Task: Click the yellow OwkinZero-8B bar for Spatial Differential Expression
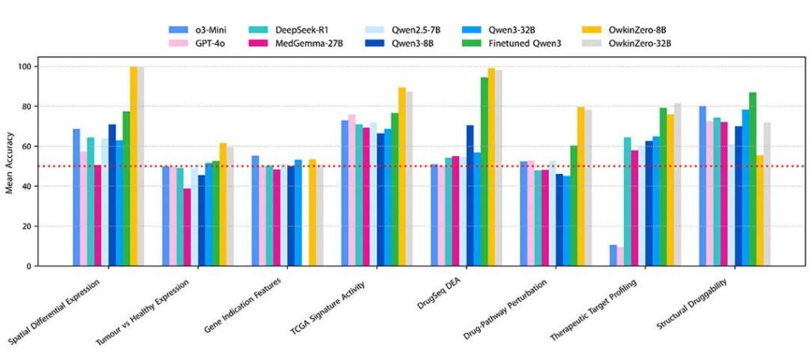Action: point(134,166)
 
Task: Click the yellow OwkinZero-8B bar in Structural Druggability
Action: point(759,210)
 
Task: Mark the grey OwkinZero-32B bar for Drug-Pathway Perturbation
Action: point(589,188)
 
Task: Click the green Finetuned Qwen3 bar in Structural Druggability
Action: point(752,179)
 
